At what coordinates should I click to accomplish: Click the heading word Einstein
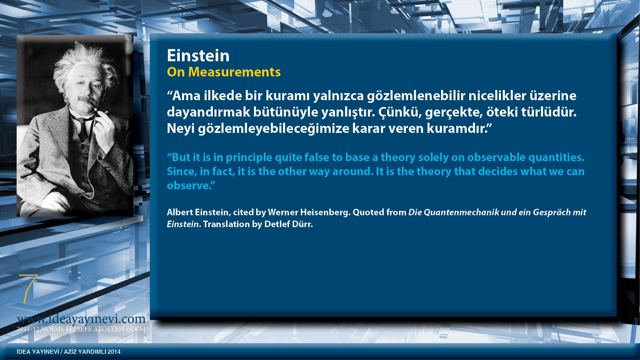(x=198, y=56)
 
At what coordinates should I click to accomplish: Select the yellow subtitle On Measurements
(x=224, y=72)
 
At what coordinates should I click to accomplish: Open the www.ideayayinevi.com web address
(x=81, y=319)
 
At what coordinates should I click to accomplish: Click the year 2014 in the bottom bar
(x=114, y=352)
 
